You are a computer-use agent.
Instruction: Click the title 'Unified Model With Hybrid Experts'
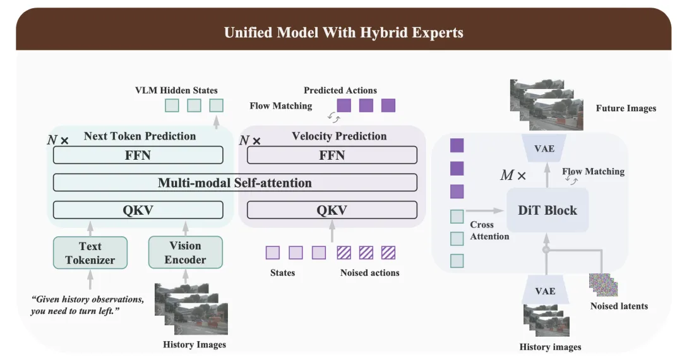click(344, 32)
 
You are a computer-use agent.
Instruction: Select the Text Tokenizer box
click(90, 253)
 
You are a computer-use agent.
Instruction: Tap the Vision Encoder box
click(185, 253)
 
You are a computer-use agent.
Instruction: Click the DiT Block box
click(547, 210)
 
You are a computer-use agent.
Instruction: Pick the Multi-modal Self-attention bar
click(235, 183)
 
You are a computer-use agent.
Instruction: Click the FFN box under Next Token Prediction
click(138, 155)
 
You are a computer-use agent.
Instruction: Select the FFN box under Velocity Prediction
click(332, 155)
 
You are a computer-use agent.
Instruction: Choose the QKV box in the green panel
click(138, 210)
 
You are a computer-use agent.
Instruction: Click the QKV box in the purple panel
click(332, 210)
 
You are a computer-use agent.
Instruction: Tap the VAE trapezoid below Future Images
click(544, 149)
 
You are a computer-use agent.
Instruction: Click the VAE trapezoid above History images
click(545, 291)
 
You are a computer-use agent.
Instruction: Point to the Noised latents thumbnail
click(603, 284)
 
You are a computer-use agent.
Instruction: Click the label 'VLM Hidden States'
click(177, 90)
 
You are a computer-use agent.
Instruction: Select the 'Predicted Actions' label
click(340, 90)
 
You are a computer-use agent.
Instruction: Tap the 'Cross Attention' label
click(489, 231)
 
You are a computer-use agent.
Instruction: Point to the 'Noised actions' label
click(369, 273)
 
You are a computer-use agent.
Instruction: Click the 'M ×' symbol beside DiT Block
click(513, 176)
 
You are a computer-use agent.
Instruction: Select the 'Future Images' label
click(626, 108)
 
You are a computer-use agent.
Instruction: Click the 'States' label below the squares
click(282, 273)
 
